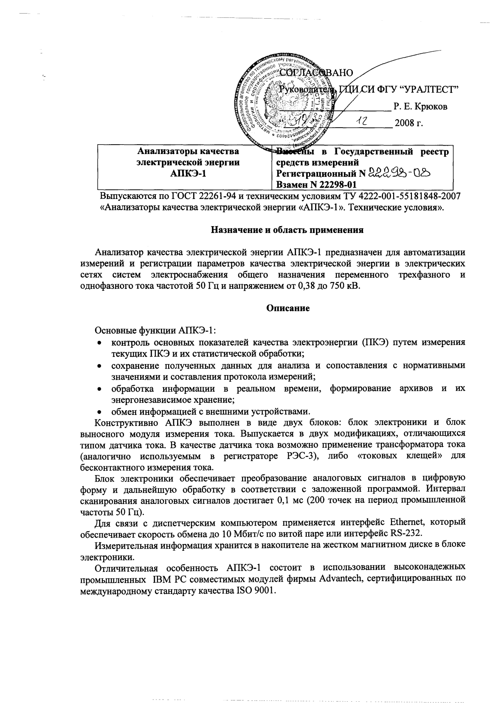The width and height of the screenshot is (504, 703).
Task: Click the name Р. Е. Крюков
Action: click(420, 107)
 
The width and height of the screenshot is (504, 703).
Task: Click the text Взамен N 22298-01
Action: click(316, 184)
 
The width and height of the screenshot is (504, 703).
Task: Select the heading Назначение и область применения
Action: click(287, 230)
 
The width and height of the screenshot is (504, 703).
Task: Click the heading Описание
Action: click(287, 308)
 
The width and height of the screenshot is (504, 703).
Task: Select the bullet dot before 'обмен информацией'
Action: click(99, 412)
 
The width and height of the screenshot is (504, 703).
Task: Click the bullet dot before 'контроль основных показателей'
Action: click(99, 343)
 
